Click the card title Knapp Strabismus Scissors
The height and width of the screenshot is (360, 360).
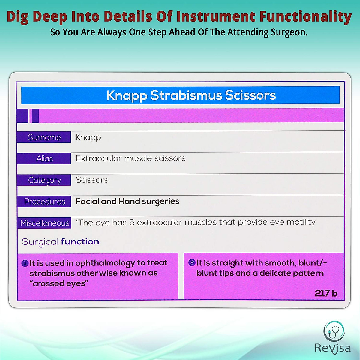(191, 95)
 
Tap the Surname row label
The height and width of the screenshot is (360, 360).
(44, 137)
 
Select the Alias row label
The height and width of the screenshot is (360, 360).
(44, 158)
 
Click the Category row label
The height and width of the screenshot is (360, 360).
(44, 180)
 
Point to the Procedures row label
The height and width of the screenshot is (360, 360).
(44, 202)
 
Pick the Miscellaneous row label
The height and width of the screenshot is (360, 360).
(44, 223)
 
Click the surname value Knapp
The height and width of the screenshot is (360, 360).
(88, 137)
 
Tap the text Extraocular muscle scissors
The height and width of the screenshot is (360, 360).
(130, 158)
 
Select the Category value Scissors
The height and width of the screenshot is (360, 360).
(92, 180)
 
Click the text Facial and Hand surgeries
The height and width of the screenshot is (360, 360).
(127, 201)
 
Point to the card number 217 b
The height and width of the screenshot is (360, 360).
(326, 293)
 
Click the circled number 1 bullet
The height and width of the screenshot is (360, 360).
(25, 263)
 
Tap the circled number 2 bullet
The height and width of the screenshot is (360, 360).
(192, 263)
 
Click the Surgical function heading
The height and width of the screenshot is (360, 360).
(60, 242)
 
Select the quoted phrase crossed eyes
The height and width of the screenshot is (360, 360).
(59, 283)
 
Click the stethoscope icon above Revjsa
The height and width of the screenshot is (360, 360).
(334, 331)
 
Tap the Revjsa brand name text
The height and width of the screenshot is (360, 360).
(332, 348)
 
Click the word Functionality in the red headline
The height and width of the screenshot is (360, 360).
(305, 17)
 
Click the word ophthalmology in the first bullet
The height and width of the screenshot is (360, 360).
(105, 263)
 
